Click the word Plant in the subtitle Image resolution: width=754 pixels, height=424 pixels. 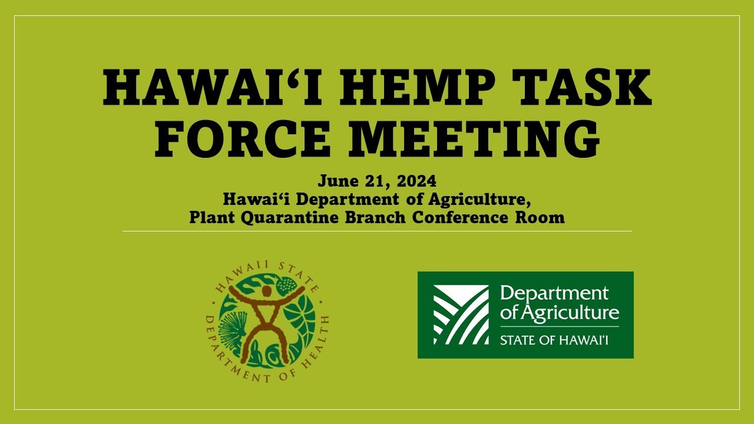(x=212, y=217)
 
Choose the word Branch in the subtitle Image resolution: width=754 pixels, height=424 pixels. (x=379, y=217)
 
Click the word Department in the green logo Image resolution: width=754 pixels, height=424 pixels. (x=553, y=293)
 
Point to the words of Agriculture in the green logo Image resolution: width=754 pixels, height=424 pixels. (x=559, y=313)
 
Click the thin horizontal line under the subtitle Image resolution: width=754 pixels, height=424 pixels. (x=377, y=231)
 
